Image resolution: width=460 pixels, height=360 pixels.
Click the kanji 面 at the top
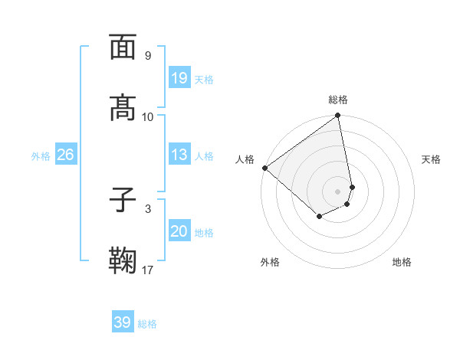click(x=123, y=47)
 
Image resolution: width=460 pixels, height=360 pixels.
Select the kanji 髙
click(x=123, y=108)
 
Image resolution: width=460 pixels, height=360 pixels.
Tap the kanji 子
click(x=123, y=200)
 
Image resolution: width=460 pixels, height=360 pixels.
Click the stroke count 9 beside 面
click(x=147, y=55)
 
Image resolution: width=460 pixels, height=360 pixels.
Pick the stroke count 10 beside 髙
click(x=147, y=116)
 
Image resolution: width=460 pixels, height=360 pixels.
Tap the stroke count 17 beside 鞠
click(x=147, y=270)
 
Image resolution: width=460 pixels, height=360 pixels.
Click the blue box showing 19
click(x=179, y=78)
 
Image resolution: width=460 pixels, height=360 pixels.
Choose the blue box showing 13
click(x=179, y=155)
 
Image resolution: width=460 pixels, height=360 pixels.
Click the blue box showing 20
click(x=179, y=231)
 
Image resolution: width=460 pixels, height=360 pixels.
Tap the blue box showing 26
click(x=65, y=155)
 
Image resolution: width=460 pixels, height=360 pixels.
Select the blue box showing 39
click(x=123, y=322)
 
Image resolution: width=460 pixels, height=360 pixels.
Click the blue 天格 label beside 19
click(x=204, y=80)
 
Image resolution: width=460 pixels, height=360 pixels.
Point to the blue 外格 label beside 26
click(x=41, y=156)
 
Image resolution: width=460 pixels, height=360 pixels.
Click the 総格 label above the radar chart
click(x=338, y=100)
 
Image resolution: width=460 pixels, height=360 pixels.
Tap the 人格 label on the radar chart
click(x=245, y=159)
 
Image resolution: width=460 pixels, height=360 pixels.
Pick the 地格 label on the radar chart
click(x=402, y=262)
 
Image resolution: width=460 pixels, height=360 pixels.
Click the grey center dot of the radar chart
click(x=338, y=190)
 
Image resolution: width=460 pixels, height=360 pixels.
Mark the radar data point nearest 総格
click(x=338, y=116)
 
